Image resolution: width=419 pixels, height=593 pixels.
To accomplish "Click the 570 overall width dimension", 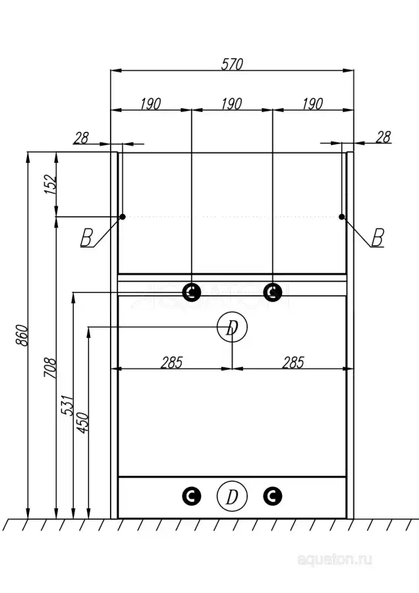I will point(232,64).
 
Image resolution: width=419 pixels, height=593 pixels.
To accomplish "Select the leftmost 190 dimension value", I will point(151,103).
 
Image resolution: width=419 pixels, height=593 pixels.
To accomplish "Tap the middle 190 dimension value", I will point(232,103).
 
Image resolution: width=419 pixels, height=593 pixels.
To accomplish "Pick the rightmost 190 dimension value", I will point(313,103).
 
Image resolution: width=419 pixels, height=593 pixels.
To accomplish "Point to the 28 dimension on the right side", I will point(383,136).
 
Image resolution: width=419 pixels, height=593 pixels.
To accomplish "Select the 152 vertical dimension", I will point(49,184).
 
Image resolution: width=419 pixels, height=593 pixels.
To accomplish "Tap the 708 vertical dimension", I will point(49,368).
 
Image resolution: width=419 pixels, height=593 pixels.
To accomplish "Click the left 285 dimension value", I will point(171,362).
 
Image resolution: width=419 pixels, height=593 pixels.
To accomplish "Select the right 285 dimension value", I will point(293,362).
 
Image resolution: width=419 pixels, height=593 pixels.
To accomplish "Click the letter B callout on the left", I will point(86,238).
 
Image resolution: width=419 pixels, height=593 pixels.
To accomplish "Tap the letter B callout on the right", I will point(377,237).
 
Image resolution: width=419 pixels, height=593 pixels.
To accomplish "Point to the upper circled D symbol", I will point(232,328).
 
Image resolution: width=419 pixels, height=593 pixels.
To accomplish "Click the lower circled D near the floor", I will point(232,496).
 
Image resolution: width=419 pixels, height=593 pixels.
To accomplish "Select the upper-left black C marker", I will point(191,292).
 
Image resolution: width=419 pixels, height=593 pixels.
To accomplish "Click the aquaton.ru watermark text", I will point(335,559).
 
